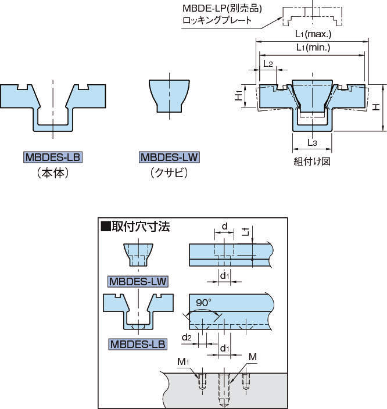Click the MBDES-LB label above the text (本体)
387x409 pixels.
tap(52, 157)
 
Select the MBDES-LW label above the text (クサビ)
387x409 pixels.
tap(169, 157)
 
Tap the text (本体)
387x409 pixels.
tap(52, 173)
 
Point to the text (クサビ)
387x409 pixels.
tap(169, 173)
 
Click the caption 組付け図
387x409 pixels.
tap(312, 162)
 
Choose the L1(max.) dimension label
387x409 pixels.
tap(313, 34)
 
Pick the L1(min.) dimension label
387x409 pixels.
tap(313, 48)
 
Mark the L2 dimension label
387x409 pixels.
tap(268, 63)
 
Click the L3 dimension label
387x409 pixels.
tap(312, 142)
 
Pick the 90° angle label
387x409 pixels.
tap(202, 303)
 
